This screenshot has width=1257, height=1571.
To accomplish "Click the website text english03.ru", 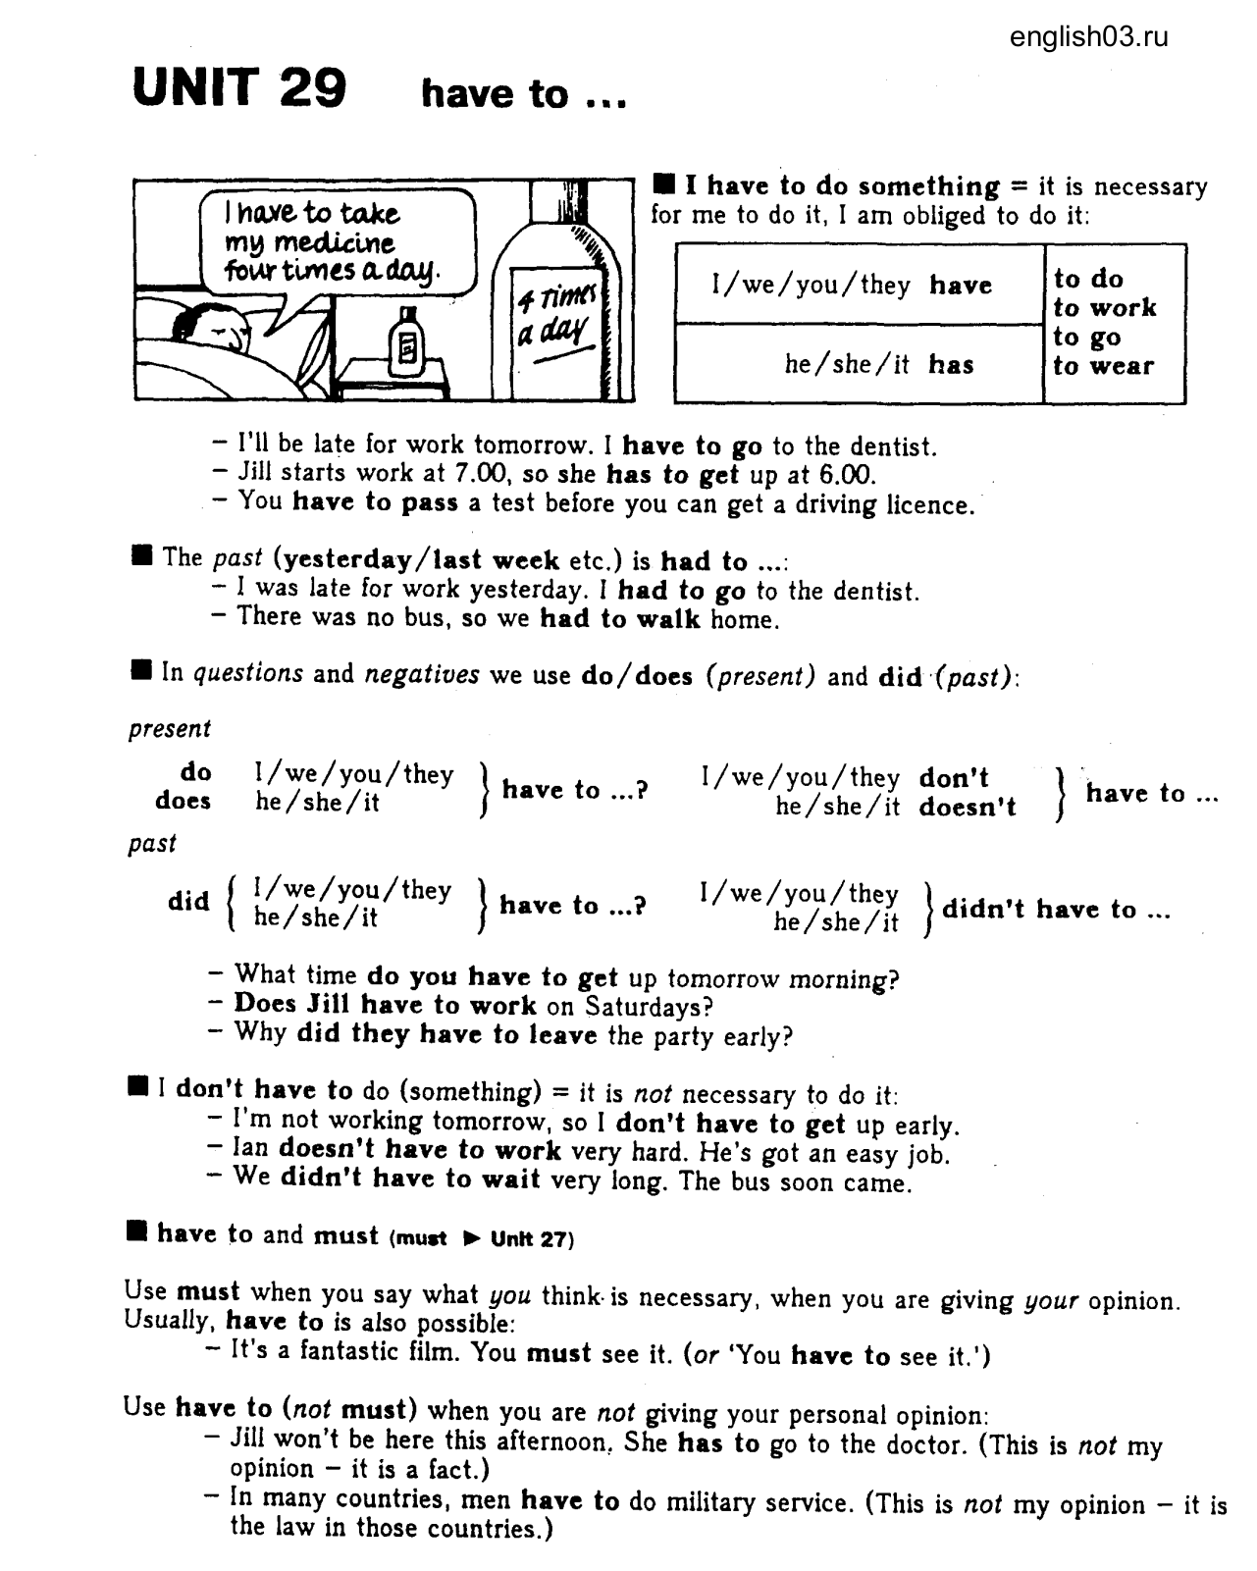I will tap(1088, 37).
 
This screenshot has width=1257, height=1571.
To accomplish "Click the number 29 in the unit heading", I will tap(313, 88).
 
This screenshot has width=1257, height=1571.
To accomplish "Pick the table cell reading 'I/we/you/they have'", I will tap(851, 286).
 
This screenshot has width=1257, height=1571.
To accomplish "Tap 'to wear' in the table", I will tap(1103, 366).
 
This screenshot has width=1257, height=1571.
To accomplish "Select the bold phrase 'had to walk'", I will tap(620, 619).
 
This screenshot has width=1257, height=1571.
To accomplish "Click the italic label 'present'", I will tap(169, 729).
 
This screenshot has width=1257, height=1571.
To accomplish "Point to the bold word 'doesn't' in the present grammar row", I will tap(968, 808).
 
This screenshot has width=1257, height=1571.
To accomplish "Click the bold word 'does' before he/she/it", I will tap(183, 801).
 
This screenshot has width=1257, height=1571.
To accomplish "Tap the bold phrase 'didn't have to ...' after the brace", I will tap(1056, 910).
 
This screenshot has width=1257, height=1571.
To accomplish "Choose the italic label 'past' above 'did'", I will tap(152, 844).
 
